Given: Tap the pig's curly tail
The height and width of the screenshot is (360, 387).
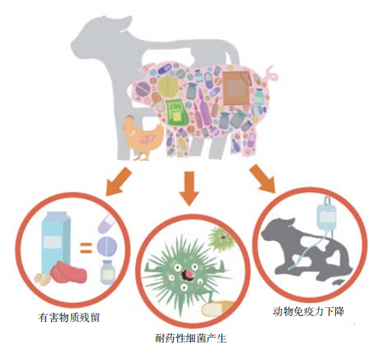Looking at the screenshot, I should [x=272, y=75].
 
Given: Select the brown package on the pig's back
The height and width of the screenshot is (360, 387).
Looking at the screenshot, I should [x=234, y=84].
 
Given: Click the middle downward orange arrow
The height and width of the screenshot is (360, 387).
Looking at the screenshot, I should [x=189, y=187].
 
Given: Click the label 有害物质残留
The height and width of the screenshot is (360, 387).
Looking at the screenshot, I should [x=70, y=316].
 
